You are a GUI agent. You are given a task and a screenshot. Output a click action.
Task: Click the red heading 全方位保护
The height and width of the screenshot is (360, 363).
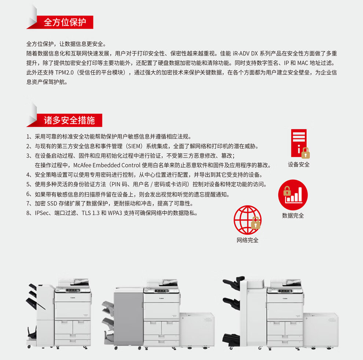point(65,22)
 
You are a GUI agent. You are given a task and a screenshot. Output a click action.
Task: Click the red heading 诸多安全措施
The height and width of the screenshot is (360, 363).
point(69,120)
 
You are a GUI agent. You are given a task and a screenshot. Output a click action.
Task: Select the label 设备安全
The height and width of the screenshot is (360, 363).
point(298,164)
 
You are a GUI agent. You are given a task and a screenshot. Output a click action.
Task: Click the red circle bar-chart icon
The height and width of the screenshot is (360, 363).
point(293,195)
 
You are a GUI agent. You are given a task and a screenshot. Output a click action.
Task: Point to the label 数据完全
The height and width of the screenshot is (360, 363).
point(293,216)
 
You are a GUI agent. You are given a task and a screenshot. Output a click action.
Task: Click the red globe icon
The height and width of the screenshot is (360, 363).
point(247,220)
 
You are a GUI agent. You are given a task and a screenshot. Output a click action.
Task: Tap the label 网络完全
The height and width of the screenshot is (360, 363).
point(247,240)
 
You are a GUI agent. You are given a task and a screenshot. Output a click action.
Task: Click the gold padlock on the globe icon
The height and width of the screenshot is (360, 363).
point(256,223)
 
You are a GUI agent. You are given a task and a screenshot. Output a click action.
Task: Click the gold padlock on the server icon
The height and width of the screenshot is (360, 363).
point(305,153)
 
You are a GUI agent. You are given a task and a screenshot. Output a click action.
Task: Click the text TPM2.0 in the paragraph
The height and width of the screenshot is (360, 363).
point(65,73)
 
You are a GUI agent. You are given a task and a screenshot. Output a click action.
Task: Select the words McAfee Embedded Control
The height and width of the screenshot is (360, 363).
point(107,165)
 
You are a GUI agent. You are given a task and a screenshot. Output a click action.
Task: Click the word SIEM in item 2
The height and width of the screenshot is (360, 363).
point(134,146)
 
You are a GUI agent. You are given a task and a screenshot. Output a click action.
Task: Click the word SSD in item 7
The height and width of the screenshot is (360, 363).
point(52,203)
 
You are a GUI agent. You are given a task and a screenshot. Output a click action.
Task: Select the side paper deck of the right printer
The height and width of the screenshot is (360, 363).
point(320,330)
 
